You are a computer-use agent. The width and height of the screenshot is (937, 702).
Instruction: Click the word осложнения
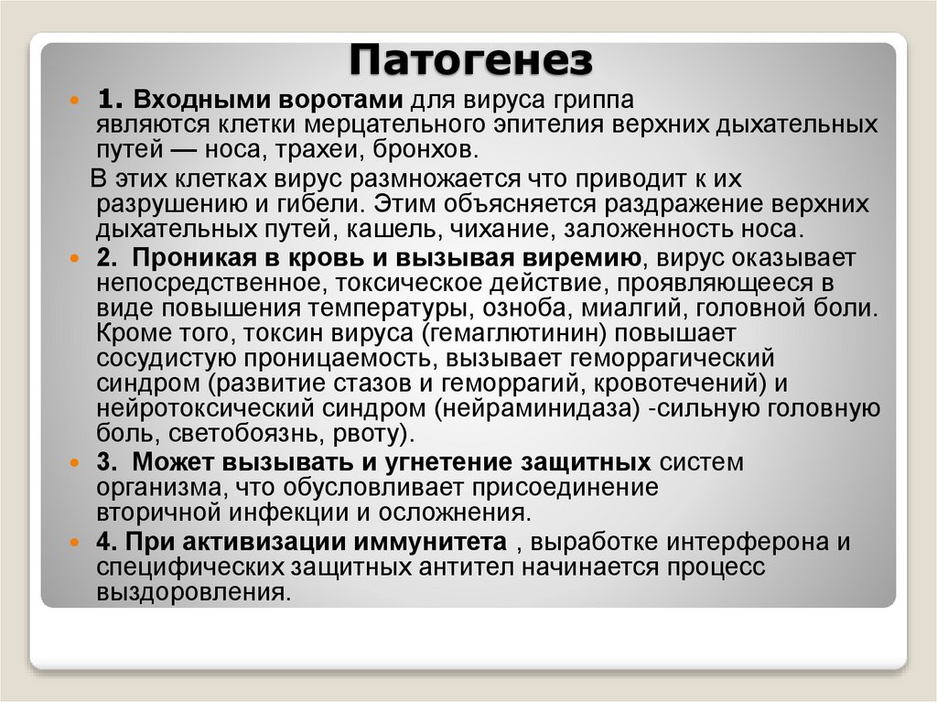coord(459,511)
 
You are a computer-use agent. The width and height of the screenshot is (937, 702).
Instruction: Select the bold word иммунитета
coord(431,541)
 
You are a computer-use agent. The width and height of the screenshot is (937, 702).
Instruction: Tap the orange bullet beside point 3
coord(76,464)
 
